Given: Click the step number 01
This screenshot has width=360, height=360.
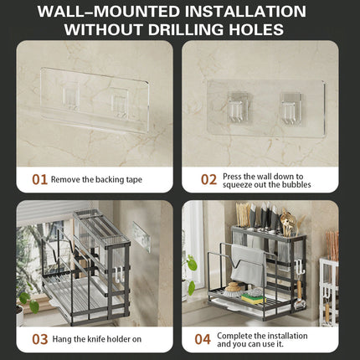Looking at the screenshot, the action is tap(39, 179).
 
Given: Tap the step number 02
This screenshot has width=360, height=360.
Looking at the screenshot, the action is tap(208, 179).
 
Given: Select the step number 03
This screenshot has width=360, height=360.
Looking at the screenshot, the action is tap(40, 339).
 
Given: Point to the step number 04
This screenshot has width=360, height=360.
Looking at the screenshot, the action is tap(203, 339).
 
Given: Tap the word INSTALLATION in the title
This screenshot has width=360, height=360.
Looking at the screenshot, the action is tap(245, 12).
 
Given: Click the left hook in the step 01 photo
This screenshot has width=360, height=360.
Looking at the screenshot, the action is tap(70, 97).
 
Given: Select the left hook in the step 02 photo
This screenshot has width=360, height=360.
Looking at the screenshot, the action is tap(237, 107).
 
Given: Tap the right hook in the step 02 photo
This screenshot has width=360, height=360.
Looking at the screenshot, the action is tap(291, 108).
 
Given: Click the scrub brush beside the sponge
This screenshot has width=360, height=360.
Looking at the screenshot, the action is tap(232, 287).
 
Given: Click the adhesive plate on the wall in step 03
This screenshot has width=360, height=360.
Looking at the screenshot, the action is tap(141, 236).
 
